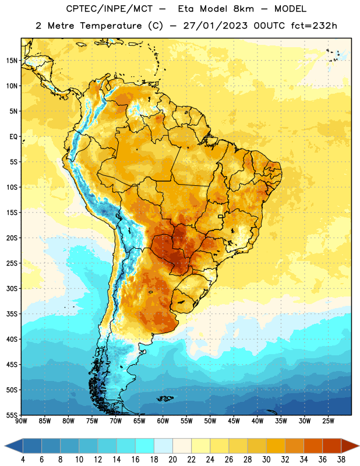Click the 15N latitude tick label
click(12, 61)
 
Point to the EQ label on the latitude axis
click(13, 137)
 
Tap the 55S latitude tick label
click(12, 415)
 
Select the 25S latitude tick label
click(12, 263)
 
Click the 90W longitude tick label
click(21, 421)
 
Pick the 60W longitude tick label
click(163, 421)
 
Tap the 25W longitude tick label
click(328, 421)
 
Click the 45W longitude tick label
click(234, 421)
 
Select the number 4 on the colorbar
click(23, 460)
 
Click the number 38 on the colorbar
click(341, 460)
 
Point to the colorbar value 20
click(172, 460)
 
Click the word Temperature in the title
click(111, 26)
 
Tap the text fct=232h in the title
click(314, 26)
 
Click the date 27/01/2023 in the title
click(215, 26)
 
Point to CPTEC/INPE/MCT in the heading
click(110, 9)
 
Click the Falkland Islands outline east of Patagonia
click(165, 398)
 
